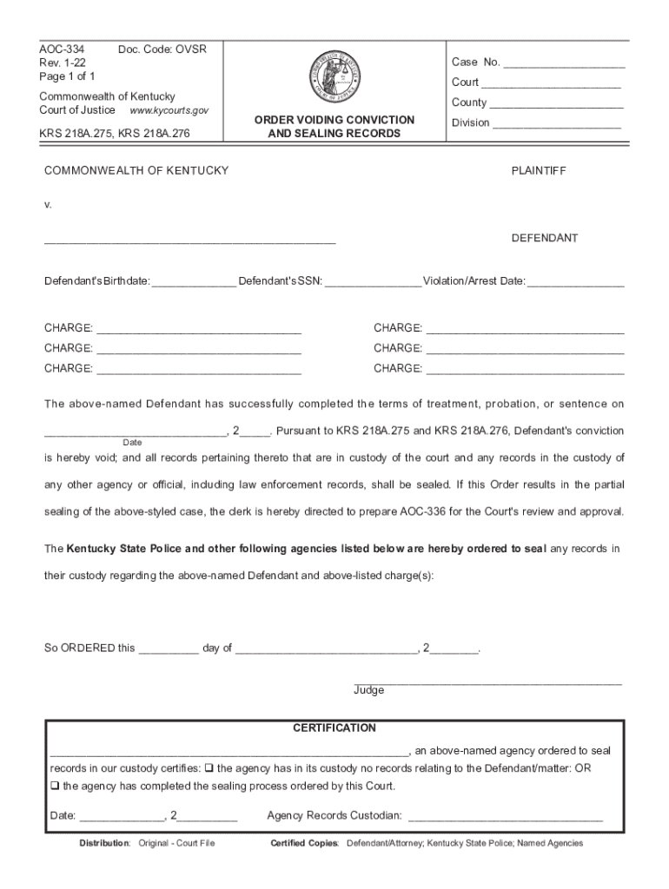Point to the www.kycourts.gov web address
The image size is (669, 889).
pos(169,111)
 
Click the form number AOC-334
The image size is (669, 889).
pos(62,49)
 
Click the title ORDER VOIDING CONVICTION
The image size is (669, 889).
pos(334,120)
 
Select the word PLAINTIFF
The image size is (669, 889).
pos(539,171)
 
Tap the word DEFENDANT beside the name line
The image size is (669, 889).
pos(544,238)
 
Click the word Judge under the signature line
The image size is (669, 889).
pos(368,690)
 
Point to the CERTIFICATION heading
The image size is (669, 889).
pos(334,728)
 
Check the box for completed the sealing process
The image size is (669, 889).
pos(54,787)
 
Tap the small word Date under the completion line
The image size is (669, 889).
pos(132,443)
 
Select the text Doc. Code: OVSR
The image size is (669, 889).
pos(162,49)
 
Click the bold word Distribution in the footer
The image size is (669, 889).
pos(104,843)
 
